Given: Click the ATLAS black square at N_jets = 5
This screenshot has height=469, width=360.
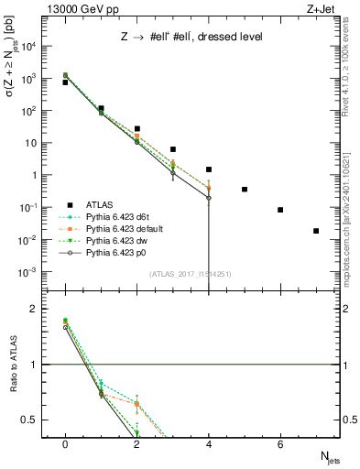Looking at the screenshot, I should [x=245, y=190].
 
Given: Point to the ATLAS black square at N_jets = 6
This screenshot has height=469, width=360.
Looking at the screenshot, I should [x=280, y=210].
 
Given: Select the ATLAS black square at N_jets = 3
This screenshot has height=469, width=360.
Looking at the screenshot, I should [x=173, y=149].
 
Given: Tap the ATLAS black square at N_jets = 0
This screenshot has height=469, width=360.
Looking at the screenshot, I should [x=65, y=82].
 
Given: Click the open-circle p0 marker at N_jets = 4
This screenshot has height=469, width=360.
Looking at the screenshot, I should [x=209, y=198].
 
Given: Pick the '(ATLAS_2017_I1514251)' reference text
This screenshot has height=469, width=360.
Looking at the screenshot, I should [x=191, y=274].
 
